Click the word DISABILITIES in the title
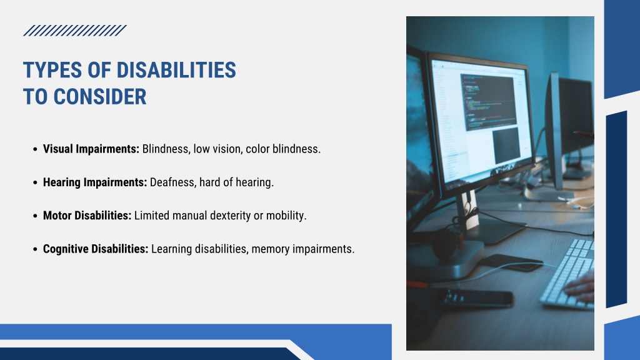coord(176,70)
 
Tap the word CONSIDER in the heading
coord(100,97)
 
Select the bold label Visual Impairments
coord(91,149)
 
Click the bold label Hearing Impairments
coord(95,182)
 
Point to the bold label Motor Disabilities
coord(87,216)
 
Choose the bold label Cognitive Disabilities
coord(96,249)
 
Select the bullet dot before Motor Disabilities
coord(35,216)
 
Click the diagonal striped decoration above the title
coord(75,31)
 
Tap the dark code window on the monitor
coord(489,102)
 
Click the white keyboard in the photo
coord(567,274)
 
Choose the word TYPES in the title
coord(52,70)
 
